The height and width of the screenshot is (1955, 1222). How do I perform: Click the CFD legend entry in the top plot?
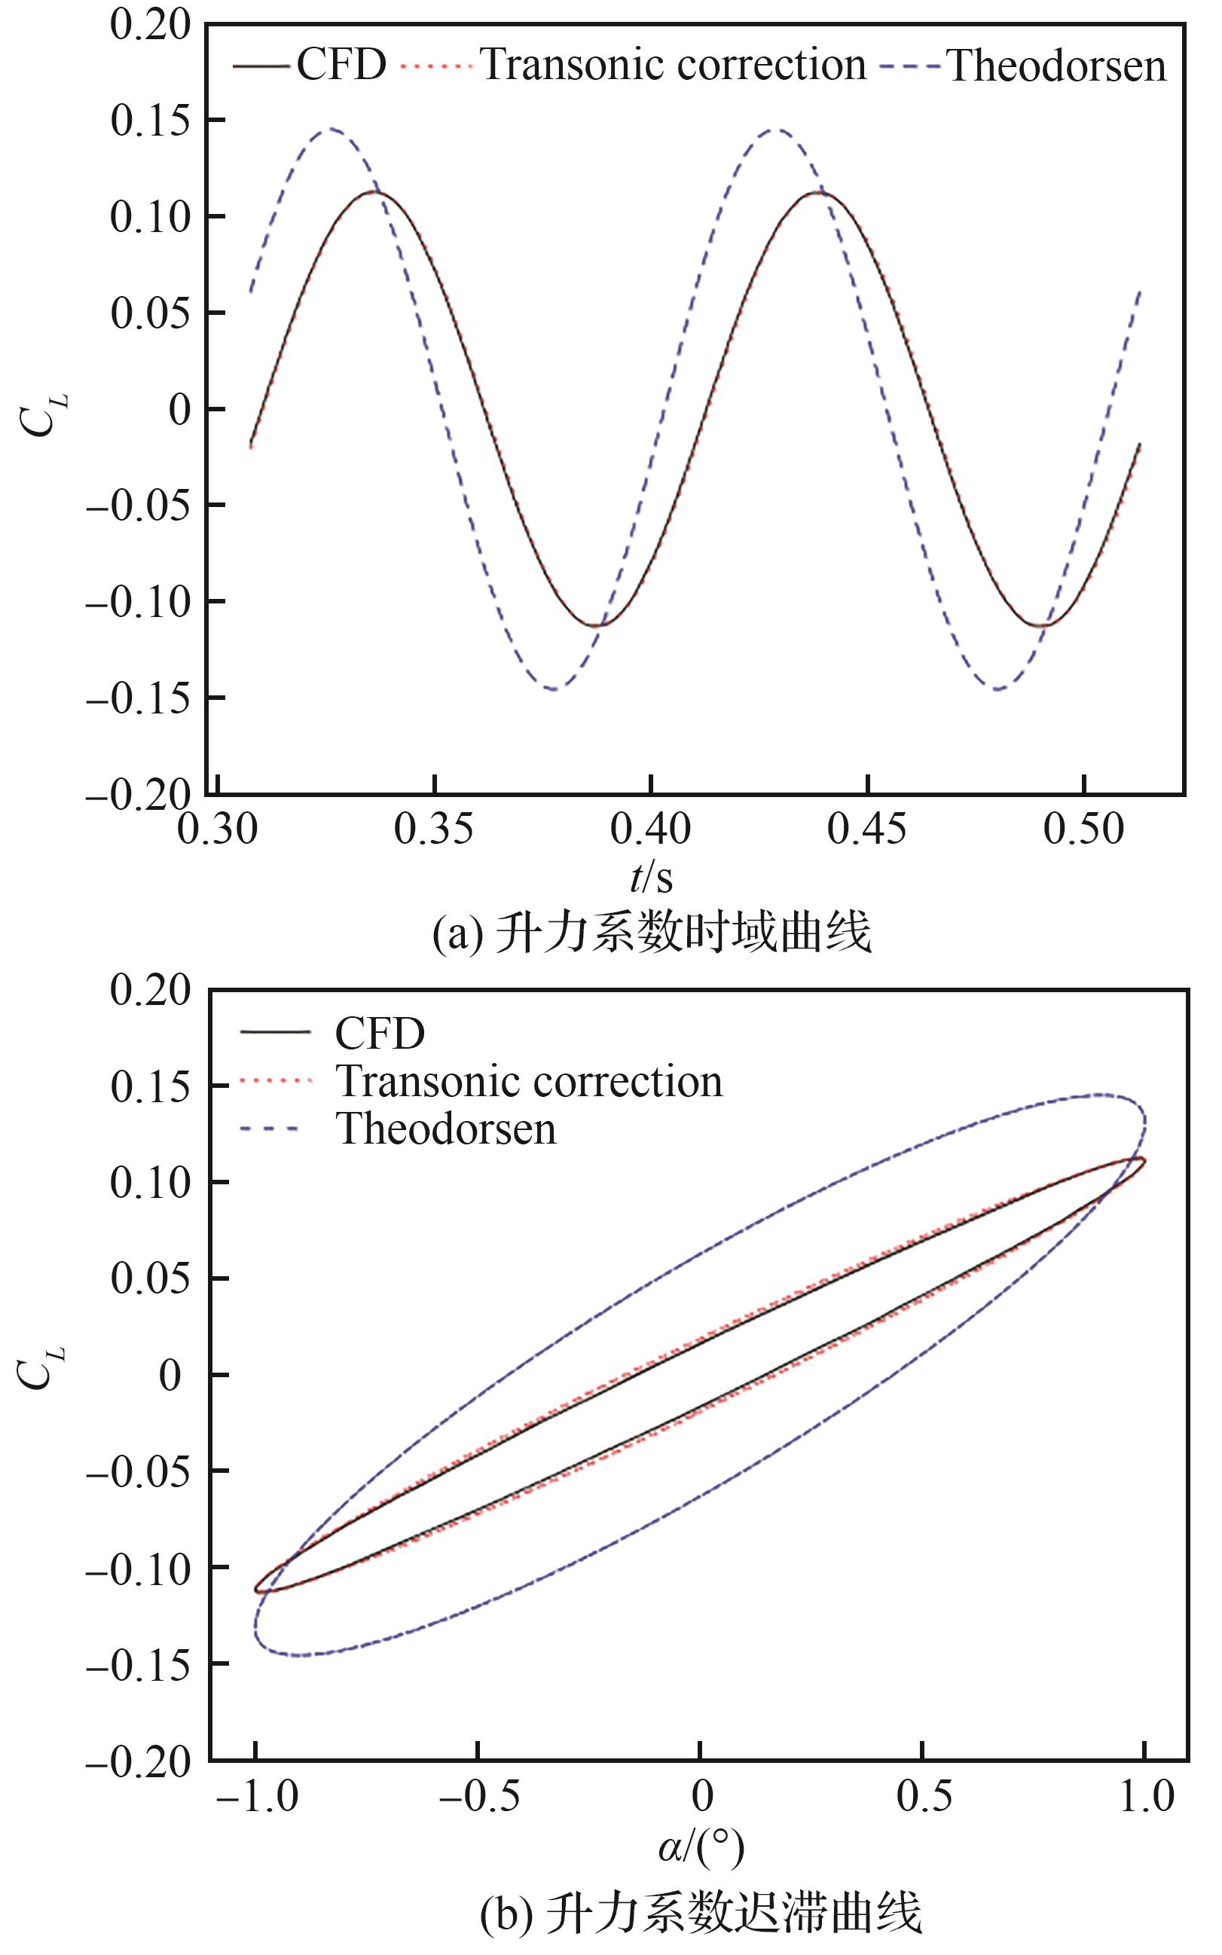click(341, 65)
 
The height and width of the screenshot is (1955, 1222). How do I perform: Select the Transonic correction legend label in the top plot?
click(674, 65)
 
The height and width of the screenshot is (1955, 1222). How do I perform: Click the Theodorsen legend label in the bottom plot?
click(446, 1130)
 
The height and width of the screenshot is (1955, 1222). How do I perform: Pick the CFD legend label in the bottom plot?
click(380, 1034)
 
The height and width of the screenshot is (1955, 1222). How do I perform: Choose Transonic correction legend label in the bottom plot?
click(530, 1082)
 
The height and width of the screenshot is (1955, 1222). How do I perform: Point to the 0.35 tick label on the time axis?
click(433, 829)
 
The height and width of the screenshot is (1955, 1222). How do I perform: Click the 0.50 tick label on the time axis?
click(1083, 829)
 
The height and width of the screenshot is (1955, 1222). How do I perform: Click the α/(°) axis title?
click(700, 1847)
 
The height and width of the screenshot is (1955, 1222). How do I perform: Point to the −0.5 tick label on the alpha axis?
click(478, 1797)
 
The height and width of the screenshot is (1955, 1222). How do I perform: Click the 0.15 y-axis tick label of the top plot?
click(151, 121)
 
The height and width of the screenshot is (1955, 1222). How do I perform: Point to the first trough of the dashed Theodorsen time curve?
click(554, 689)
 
